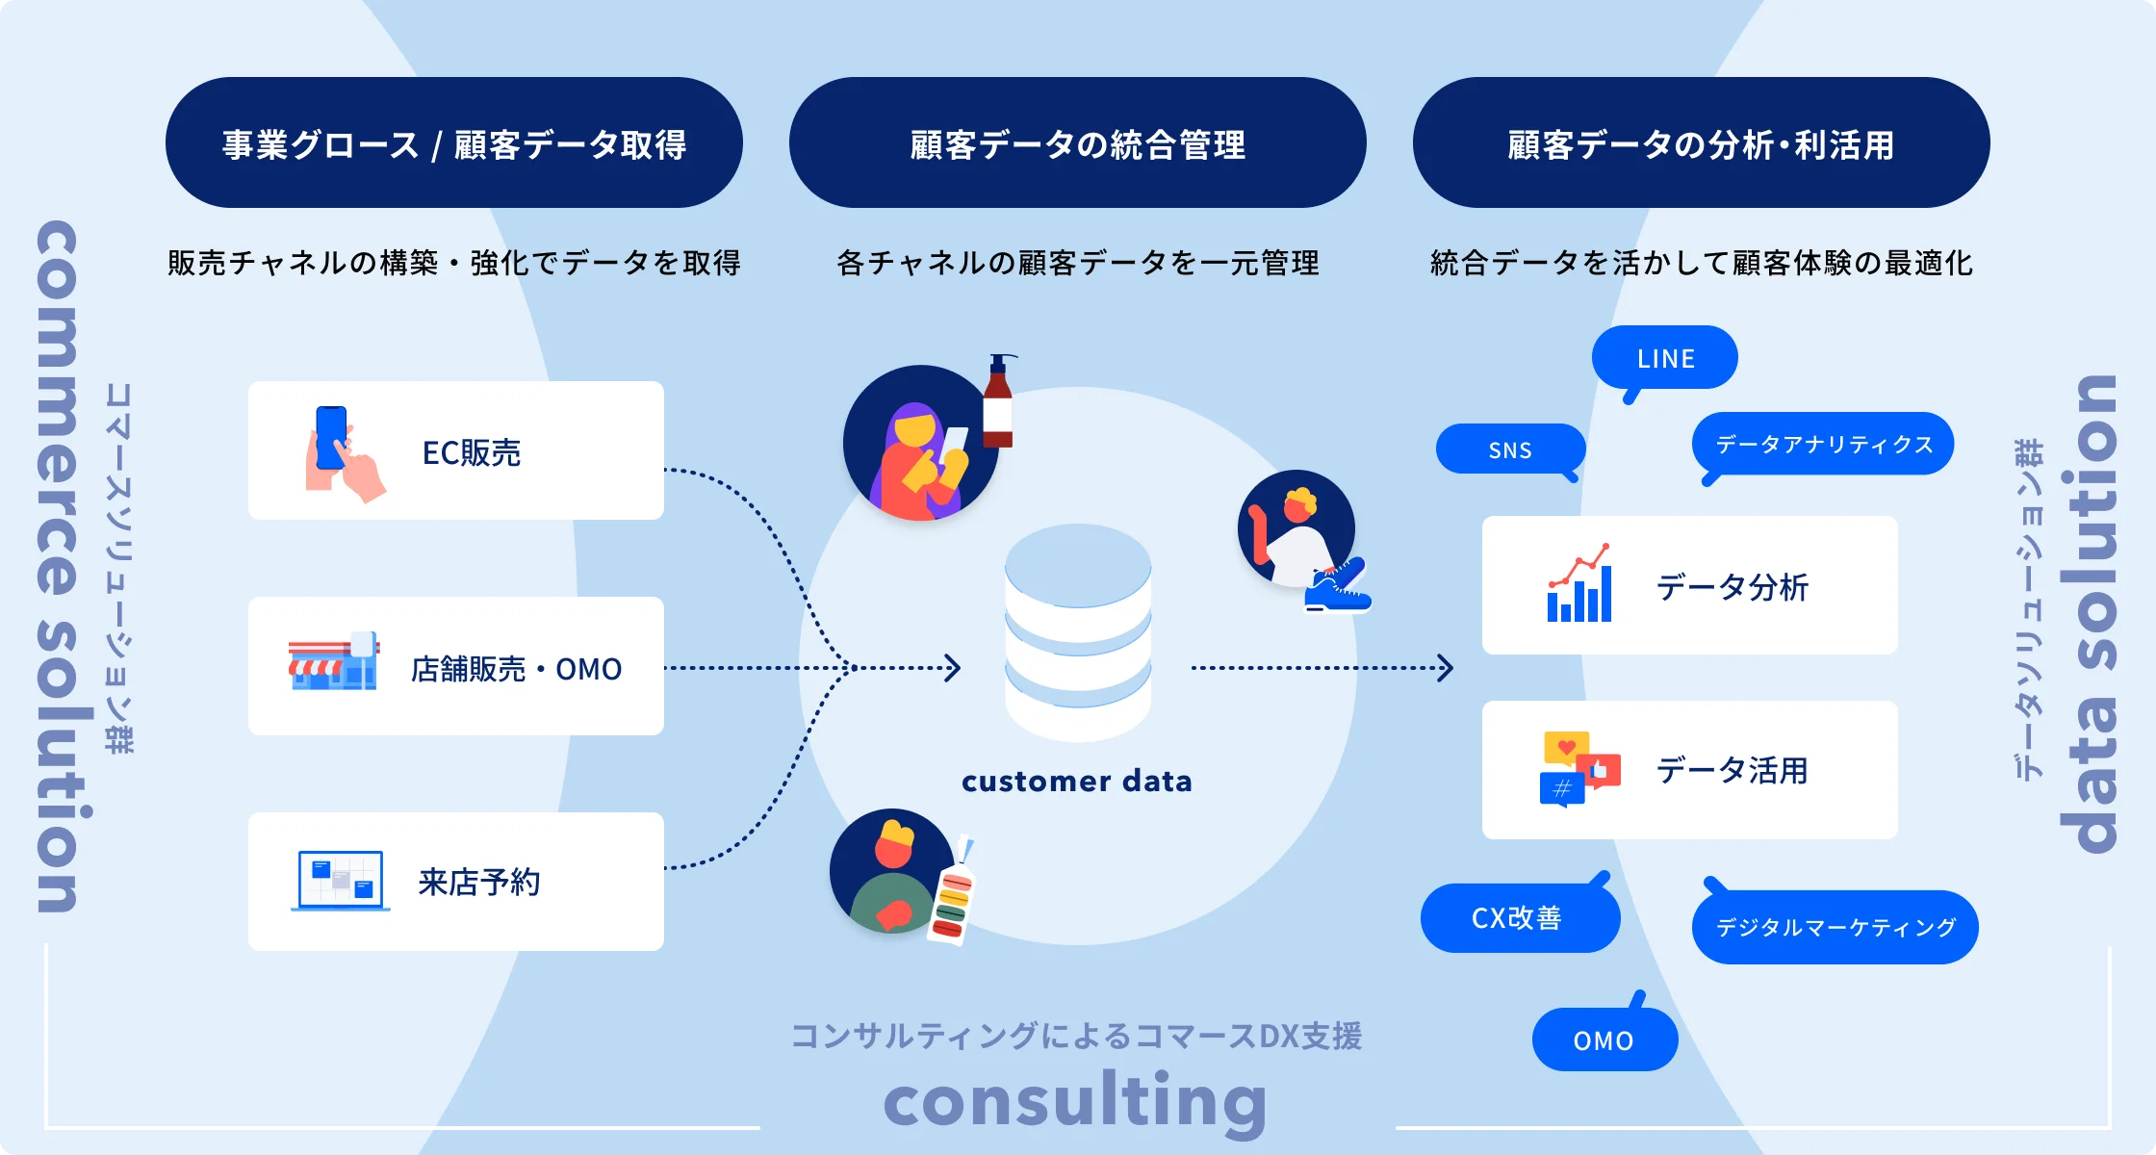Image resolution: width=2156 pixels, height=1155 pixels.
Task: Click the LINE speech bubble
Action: point(1664,358)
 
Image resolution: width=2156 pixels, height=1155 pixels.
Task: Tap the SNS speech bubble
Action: point(1509,449)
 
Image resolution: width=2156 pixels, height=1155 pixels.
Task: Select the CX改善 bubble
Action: point(1518,918)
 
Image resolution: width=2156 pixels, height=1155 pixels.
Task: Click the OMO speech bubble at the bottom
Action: point(1604,1040)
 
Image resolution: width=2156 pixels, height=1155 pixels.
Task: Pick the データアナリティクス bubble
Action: point(1823,444)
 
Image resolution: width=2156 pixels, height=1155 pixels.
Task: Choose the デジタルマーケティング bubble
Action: point(1835,927)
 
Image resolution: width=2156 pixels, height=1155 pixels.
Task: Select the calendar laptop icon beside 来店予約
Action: point(341,880)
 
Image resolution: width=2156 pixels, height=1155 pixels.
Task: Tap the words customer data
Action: point(1077,781)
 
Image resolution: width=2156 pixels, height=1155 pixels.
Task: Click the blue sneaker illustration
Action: point(1338,588)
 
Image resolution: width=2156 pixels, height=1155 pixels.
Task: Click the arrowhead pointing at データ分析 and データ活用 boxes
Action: point(1444,668)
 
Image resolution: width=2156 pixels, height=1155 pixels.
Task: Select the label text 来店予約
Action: point(479,882)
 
